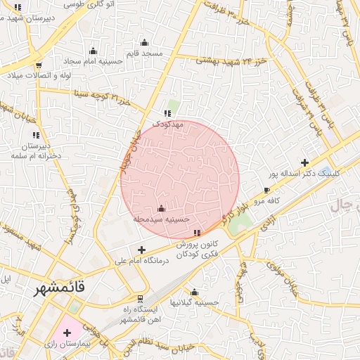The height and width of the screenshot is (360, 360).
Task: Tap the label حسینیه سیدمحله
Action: click(162, 219)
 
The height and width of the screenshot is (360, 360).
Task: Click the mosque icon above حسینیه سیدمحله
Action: click(162, 209)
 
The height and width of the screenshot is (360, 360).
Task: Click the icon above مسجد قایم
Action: click(144, 42)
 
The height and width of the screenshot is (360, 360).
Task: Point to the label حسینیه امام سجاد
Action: click(94, 61)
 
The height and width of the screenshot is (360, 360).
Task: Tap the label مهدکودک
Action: click(168, 124)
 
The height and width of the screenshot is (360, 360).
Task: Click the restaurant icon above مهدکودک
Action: click(167, 113)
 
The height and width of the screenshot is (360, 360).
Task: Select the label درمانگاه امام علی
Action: click(143, 260)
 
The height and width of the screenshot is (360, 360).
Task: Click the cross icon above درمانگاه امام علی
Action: click(142, 250)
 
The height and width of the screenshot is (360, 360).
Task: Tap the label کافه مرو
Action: click(267, 201)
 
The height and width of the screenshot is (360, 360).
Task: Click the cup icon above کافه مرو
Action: click(266, 191)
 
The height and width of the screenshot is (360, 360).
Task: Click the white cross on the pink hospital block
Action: click(67, 332)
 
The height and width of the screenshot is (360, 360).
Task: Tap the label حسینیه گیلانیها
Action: click(196, 302)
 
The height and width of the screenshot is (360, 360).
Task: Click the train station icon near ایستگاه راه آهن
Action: click(141, 300)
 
